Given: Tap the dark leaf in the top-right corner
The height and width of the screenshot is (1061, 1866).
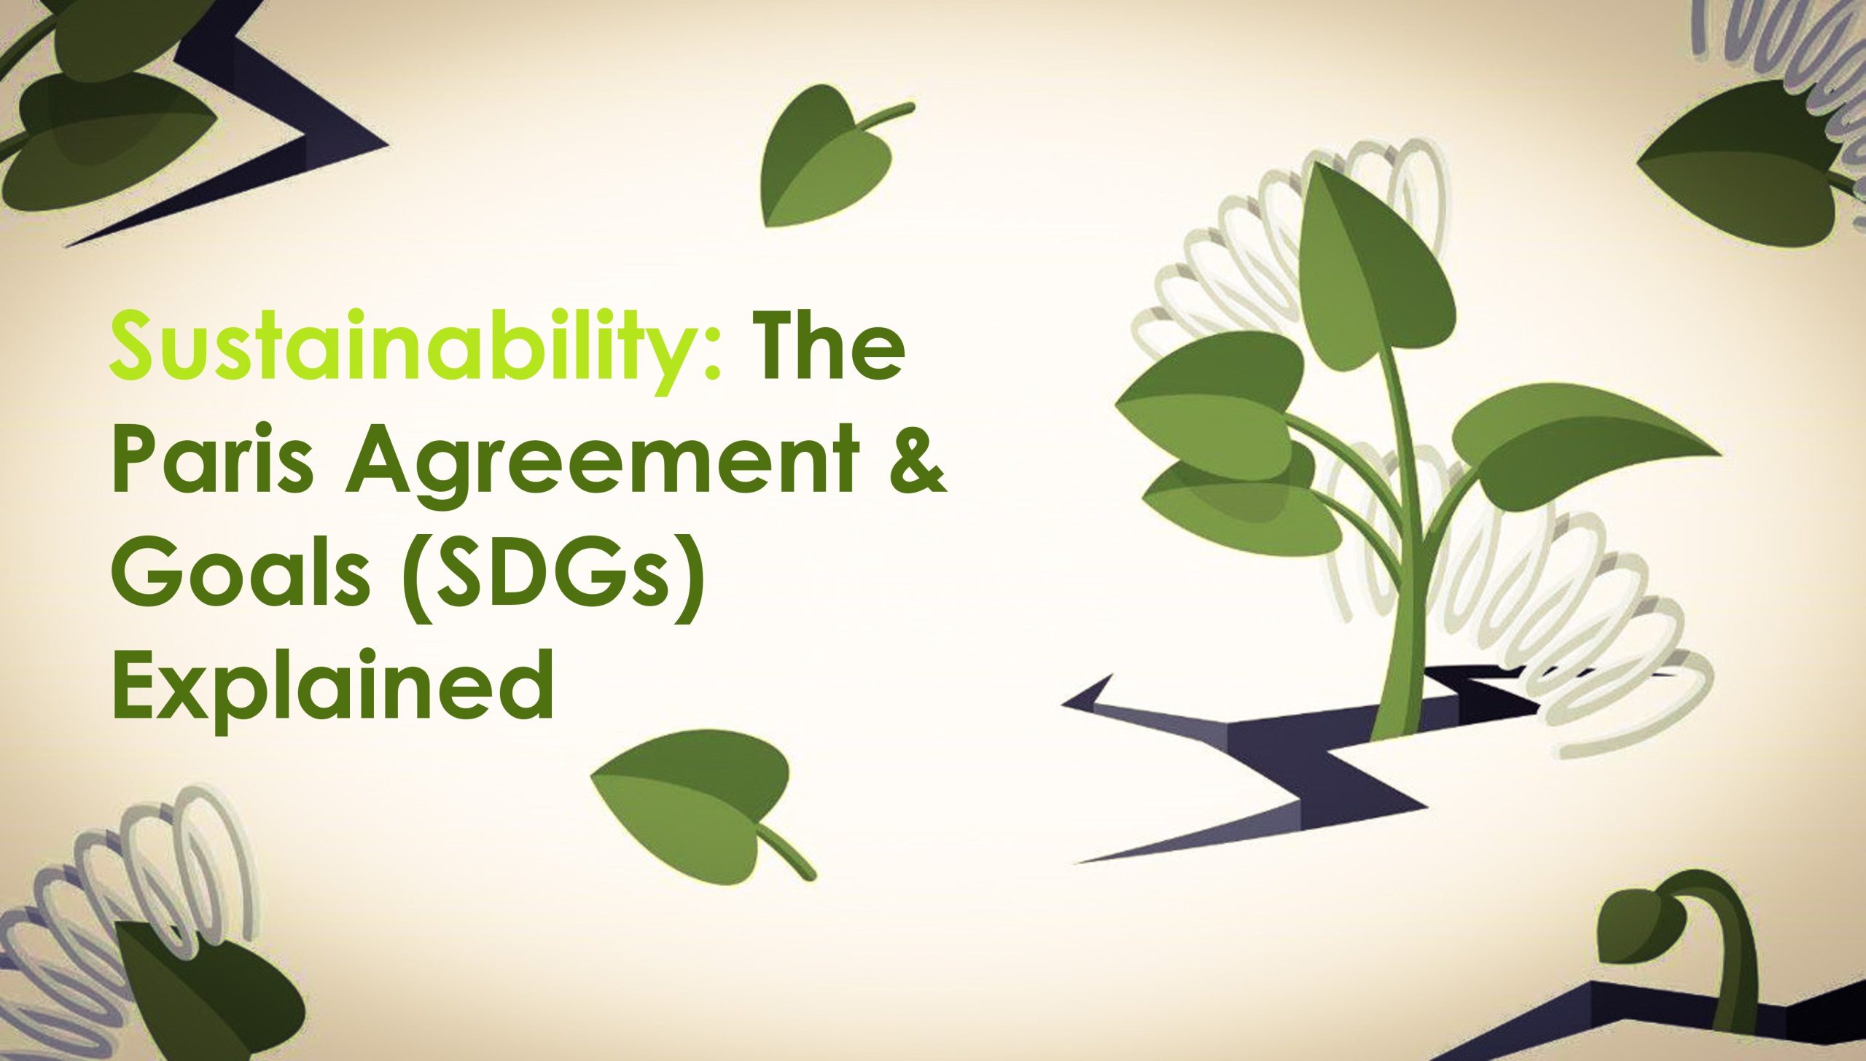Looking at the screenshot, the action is click(1749, 160).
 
